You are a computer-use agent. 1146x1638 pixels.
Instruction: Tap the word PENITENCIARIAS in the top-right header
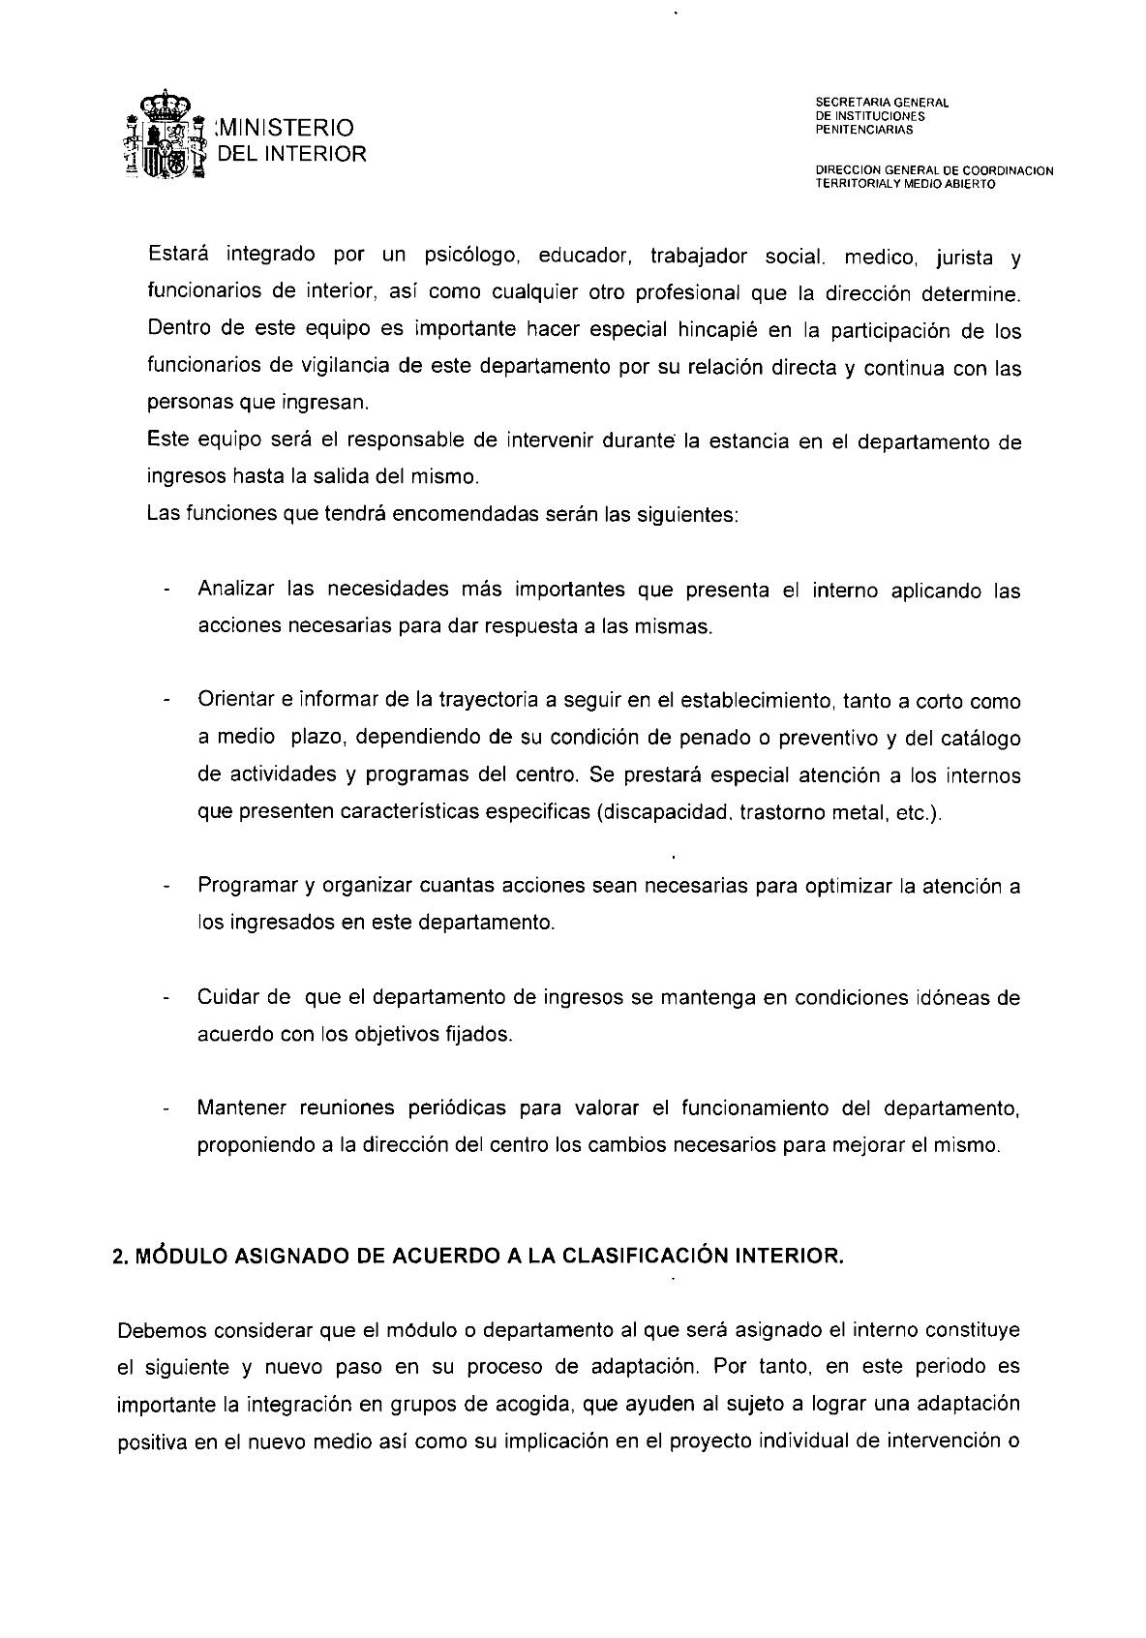(858, 130)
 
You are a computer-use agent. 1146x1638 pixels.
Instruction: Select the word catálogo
(976, 738)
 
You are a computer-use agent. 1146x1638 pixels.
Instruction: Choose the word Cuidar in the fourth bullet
(230, 997)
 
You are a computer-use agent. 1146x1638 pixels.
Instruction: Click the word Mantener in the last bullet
(242, 1107)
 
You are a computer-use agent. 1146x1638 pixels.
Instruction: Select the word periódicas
(446, 1107)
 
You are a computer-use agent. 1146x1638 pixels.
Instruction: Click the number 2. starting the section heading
(122, 1258)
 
